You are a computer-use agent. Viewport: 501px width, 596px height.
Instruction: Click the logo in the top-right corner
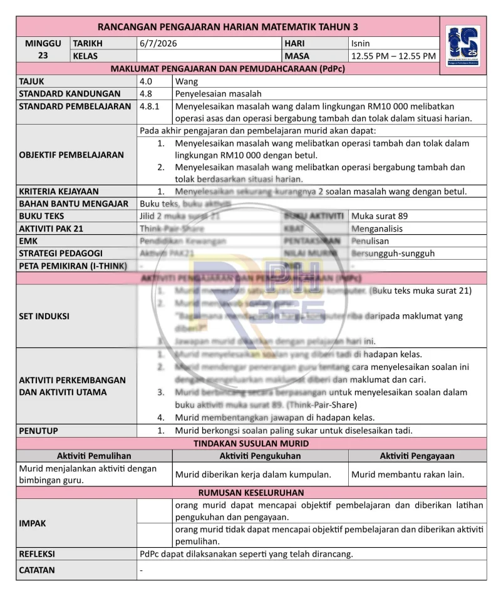point(463,45)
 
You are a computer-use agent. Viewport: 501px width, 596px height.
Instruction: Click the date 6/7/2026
point(158,44)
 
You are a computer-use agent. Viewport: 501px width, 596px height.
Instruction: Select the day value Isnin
point(361,44)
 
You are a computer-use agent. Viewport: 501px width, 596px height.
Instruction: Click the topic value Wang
point(187,81)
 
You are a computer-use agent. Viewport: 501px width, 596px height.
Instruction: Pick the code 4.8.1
point(150,106)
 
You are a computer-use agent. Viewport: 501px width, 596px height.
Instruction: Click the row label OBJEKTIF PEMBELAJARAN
point(71,155)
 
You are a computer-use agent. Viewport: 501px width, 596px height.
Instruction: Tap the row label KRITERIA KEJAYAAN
point(59,192)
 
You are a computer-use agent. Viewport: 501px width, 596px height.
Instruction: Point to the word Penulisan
point(370,241)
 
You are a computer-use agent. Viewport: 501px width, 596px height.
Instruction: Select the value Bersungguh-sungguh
point(393,254)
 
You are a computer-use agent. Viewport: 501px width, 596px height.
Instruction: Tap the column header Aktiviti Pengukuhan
point(260,456)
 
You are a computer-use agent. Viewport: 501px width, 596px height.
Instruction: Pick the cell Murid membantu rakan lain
point(408,474)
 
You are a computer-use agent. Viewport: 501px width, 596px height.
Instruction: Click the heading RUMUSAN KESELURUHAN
point(251,493)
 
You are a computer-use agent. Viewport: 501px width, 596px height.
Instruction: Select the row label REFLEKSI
point(37,554)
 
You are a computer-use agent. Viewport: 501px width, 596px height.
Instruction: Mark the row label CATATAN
point(37,570)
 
